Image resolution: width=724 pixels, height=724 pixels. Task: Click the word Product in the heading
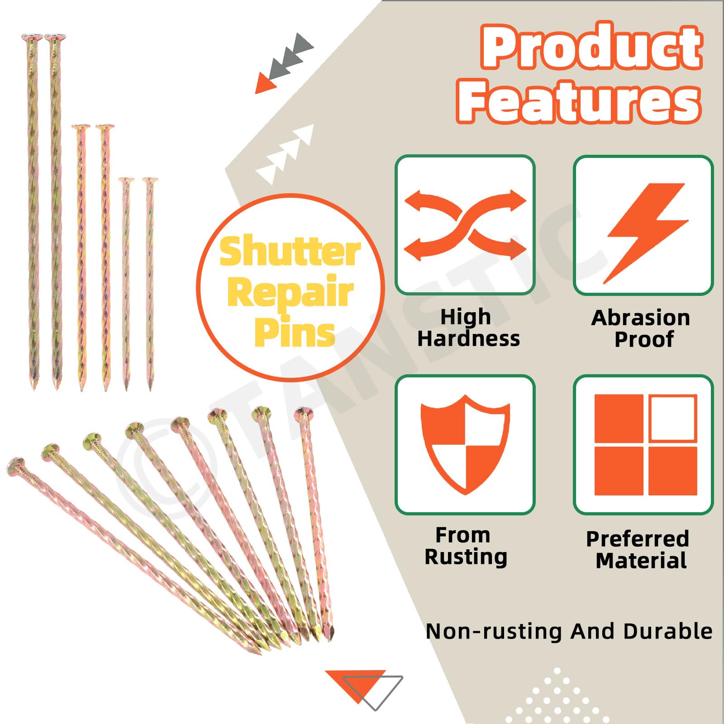pos(592,47)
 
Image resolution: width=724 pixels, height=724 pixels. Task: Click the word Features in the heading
pos(579,101)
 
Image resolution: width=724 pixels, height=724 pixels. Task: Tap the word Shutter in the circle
pos(290,252)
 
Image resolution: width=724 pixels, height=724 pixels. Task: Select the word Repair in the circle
pos(290,292)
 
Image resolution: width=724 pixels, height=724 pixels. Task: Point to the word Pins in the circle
pos(294,332)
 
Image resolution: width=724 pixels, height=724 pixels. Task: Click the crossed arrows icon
pos(465,225)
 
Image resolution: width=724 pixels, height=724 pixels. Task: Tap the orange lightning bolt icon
pos(646,233)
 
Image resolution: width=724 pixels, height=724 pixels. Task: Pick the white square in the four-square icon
pos(672,418)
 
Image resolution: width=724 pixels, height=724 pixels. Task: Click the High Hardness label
pos(468,328)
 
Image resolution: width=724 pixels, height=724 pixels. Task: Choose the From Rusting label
pos(466,546)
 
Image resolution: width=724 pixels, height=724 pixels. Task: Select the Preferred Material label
pos(638,549)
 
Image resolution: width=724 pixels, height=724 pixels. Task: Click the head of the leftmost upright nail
pos(32,37)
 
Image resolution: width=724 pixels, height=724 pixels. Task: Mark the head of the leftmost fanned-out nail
pos(16,467)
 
